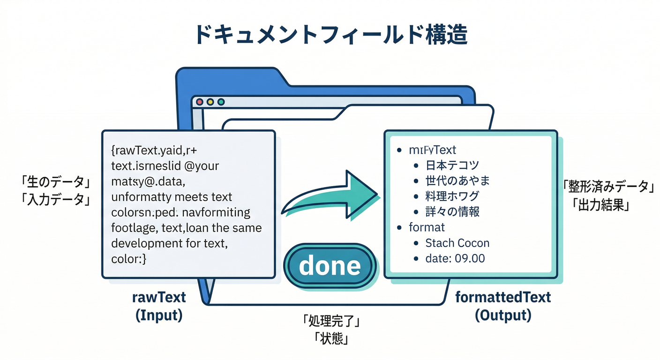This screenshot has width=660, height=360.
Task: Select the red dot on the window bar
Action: pos(199,102)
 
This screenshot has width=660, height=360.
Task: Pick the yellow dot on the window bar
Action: pos(210,102)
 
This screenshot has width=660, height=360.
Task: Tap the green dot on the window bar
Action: pos(221,102)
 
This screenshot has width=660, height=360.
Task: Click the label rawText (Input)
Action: pos(158,306)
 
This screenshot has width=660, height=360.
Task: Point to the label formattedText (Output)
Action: pos(503,306)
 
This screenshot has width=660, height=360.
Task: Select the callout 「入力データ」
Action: pos(55,199)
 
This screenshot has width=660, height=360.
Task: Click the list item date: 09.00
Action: pos(455,258)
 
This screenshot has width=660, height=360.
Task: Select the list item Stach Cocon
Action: pos(457,243)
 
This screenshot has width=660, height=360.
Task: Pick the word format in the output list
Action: pos(427,227)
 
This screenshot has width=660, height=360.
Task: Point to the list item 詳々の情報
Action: pos(452,211)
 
